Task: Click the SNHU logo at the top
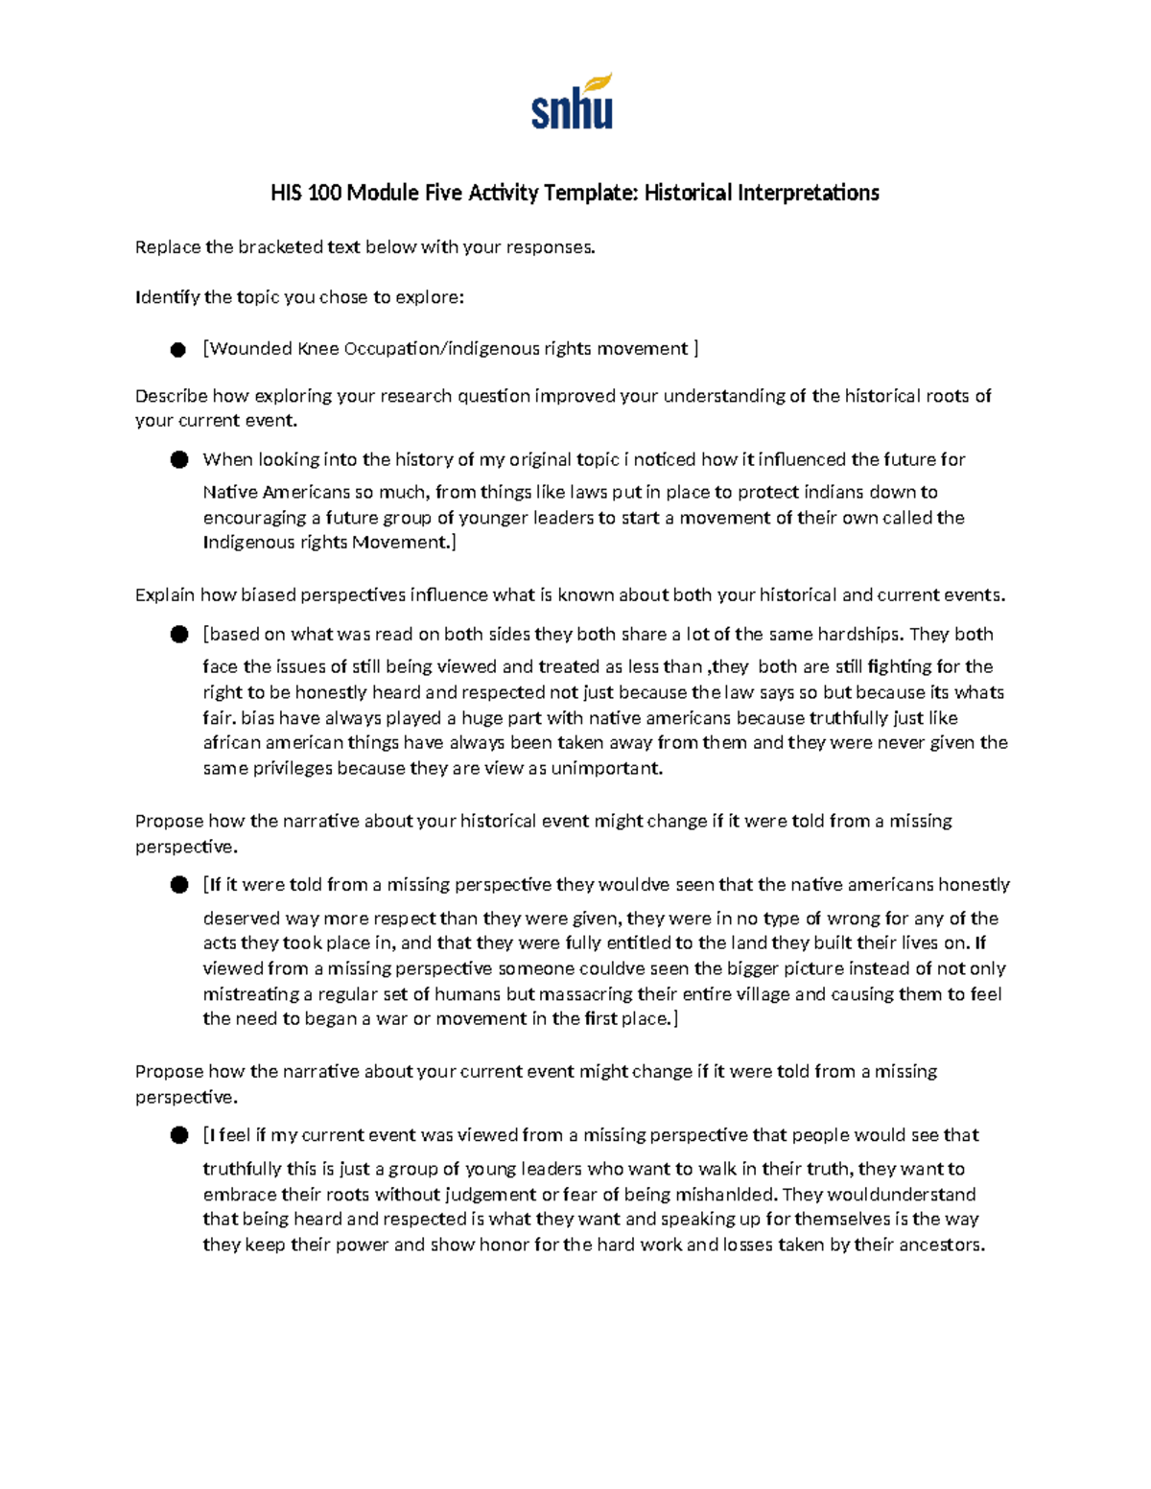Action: coord(572,103)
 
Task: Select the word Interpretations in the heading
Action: coord(808,193)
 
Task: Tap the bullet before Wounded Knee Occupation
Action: coord(178,350)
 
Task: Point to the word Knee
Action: coord(319,348)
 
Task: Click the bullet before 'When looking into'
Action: coord(178,460)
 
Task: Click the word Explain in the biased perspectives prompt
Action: coord(165,595)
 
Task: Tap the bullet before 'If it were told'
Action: coord(178,885)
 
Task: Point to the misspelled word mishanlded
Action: coord(728,1195)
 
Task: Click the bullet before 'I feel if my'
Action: coord(178,1136)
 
